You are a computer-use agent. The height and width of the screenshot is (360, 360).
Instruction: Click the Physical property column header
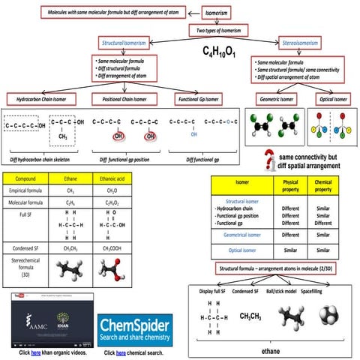(x=291, y=184)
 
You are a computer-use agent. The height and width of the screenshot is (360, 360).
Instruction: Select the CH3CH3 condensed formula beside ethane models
(x=253, y=316)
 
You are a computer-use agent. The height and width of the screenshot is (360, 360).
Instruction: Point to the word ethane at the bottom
(x=271, y=349)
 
